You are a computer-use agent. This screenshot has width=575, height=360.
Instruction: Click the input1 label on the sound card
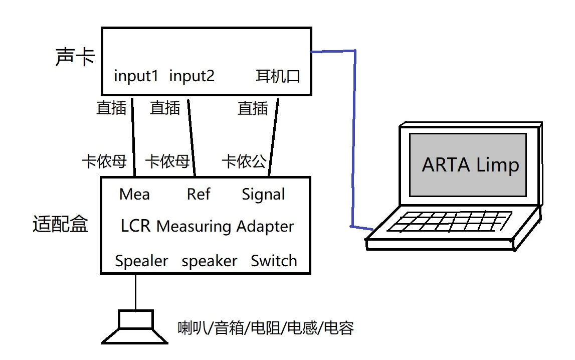point(136,76)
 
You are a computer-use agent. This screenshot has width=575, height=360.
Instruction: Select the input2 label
point(192,76)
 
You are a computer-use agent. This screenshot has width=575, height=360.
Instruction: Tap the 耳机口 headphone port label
point(278,77)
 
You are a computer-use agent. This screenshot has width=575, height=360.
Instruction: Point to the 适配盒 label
point(60,224)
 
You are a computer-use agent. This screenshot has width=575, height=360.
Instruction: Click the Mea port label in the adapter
point(134,194)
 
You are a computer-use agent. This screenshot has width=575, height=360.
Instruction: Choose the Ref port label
point(199,194)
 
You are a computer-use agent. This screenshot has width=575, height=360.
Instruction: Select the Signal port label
point(263,195)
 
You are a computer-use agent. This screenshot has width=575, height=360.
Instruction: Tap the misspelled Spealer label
point(141,261)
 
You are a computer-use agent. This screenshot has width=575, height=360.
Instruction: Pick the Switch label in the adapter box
point(274,261)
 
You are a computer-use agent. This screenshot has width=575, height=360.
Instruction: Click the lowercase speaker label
point(209,261)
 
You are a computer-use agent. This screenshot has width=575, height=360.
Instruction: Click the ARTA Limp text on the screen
point(470,165)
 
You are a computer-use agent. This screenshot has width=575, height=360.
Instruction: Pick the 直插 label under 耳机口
point(253,108)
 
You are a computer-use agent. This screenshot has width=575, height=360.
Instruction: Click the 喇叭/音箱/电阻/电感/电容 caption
point(266,328)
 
